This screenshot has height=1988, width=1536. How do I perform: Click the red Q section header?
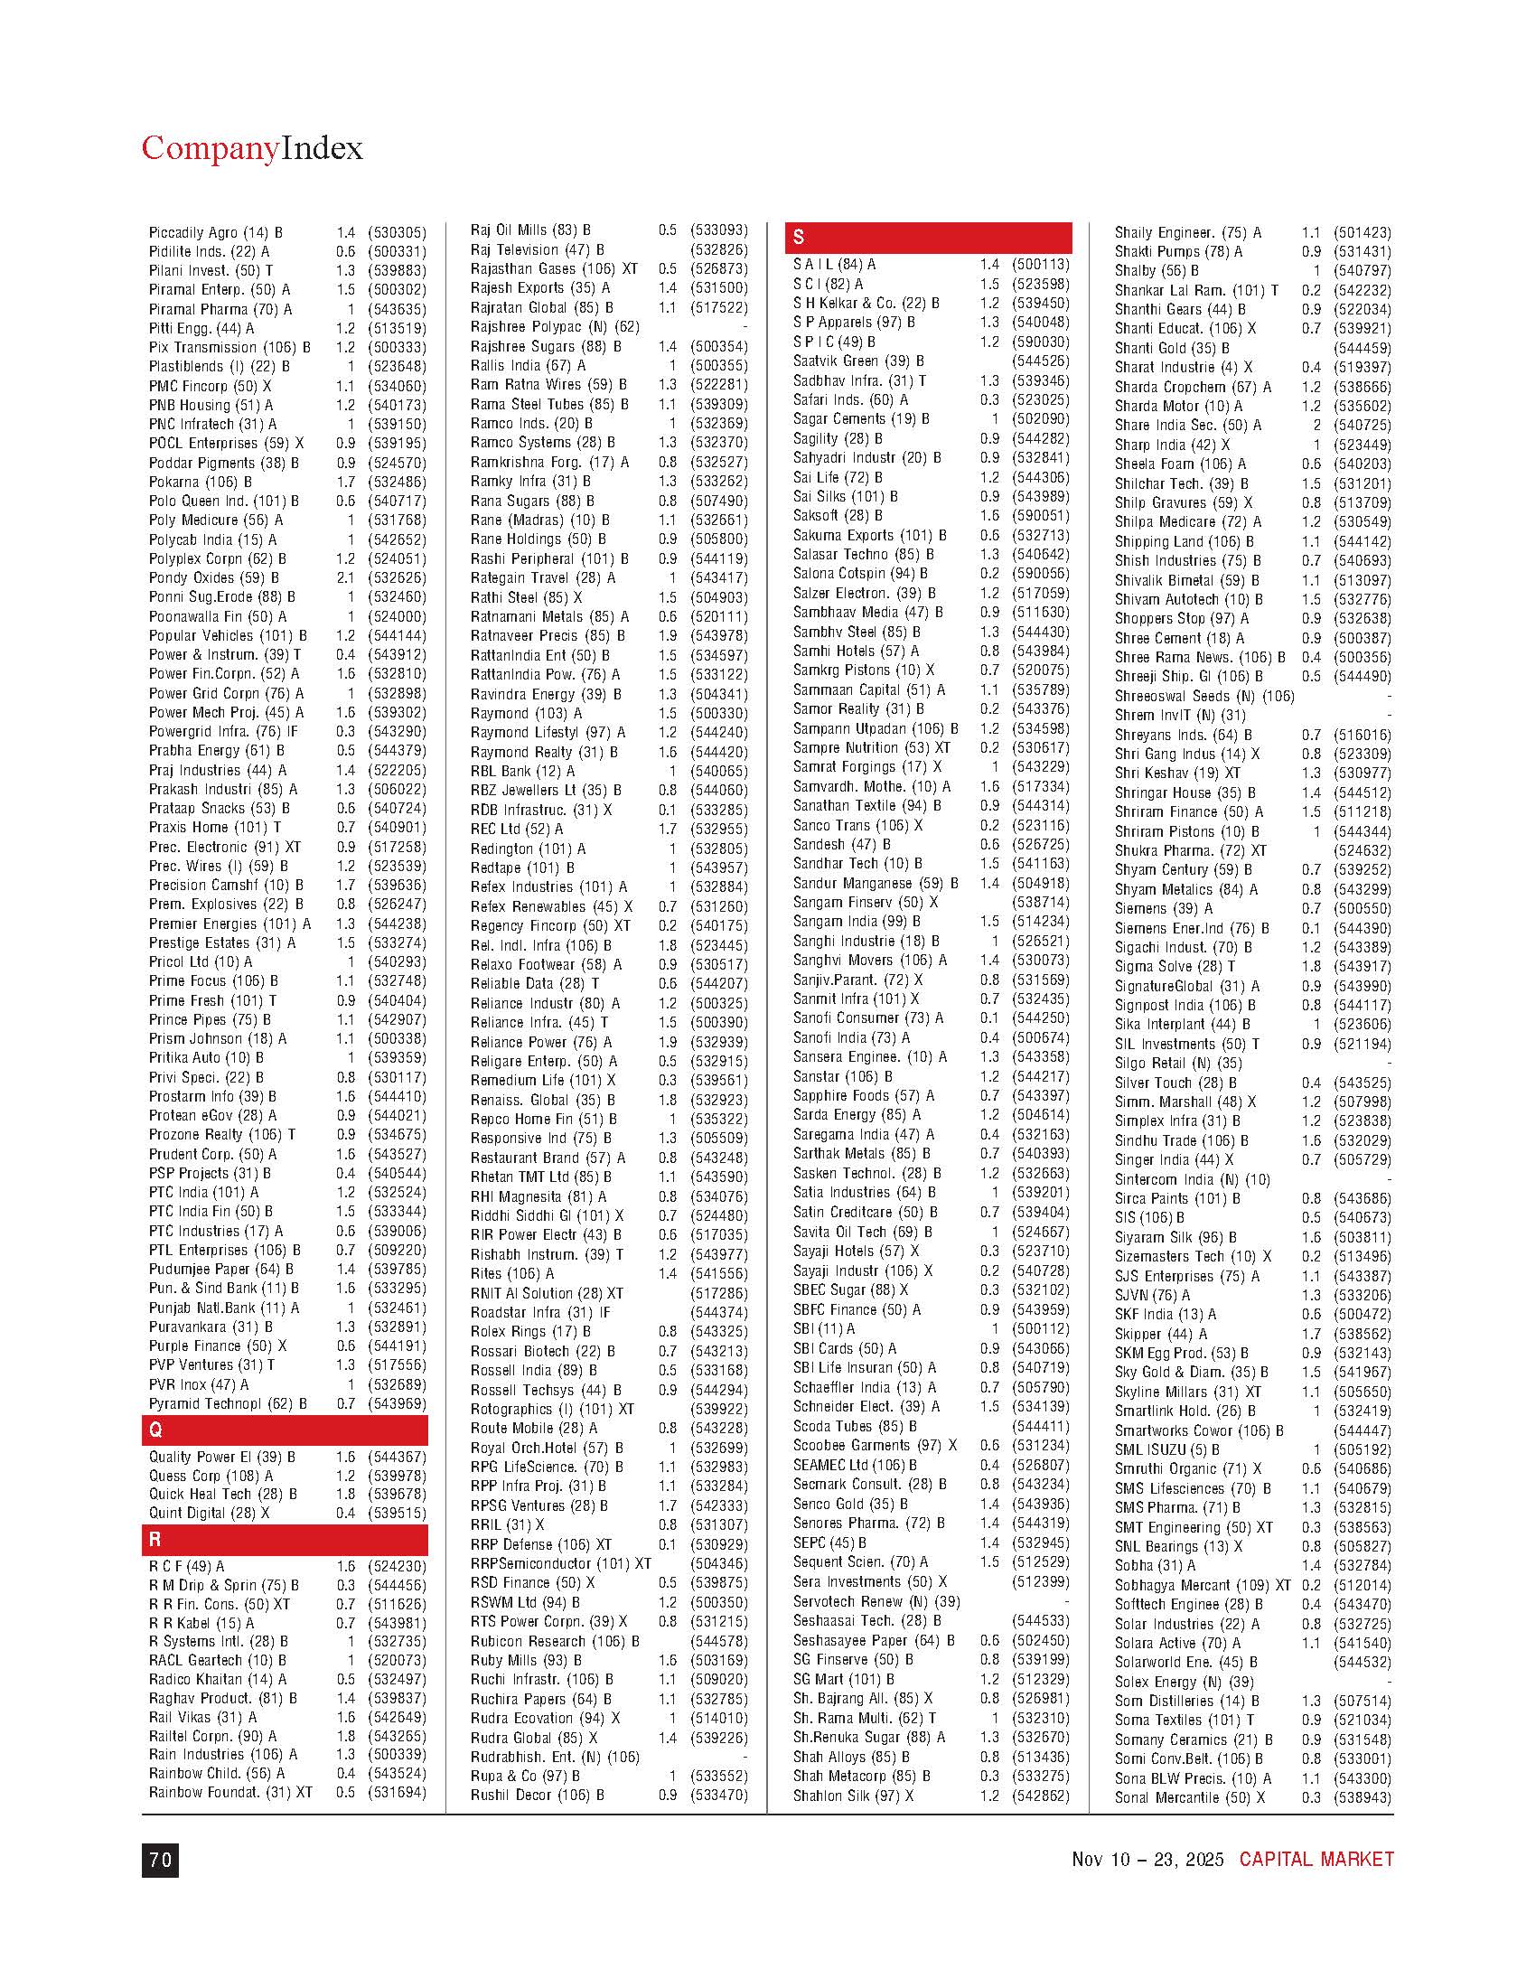pos(284,1431)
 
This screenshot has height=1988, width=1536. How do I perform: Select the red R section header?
pos(284,1540)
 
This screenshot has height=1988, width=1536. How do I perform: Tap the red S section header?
pos(927,238)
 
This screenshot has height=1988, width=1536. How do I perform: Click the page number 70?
pos(160,1860)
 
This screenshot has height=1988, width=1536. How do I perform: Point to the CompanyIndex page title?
pos(252,148)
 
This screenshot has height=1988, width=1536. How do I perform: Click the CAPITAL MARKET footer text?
pos(1316,1859)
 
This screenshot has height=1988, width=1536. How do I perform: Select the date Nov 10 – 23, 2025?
pos(1147,1859)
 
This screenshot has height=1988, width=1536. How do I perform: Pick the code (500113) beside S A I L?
pos(1041,264)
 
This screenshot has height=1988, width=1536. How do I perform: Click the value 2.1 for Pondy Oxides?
pos(346,578)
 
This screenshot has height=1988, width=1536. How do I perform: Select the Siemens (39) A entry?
pos(1163,908)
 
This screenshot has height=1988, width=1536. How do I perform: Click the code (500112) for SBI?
pos(1041,1329)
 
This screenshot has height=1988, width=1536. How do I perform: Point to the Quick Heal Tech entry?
pos(223,1494)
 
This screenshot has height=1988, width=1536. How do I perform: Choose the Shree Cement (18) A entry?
pos(1179,638)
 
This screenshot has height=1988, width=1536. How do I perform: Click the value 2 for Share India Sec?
pos(1315,425)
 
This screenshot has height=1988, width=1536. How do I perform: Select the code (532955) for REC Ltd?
pos(719,830)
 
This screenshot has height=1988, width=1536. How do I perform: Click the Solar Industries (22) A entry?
pos(1186,1624)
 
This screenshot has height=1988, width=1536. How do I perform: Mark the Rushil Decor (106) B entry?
pos(537,1795)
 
